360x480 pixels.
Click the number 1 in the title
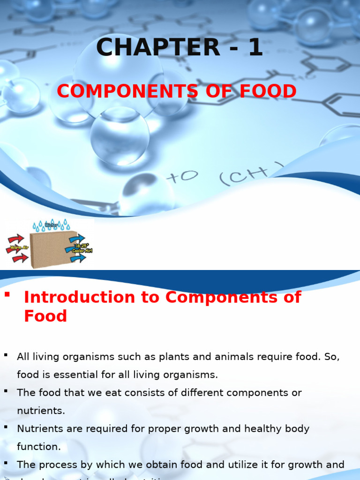click(x=255, y=48)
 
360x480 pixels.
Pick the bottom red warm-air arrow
click(x=20, y=257)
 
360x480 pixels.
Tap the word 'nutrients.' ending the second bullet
click(x=41, y=411)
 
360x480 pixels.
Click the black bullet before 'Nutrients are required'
click(x=6, y=427)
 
